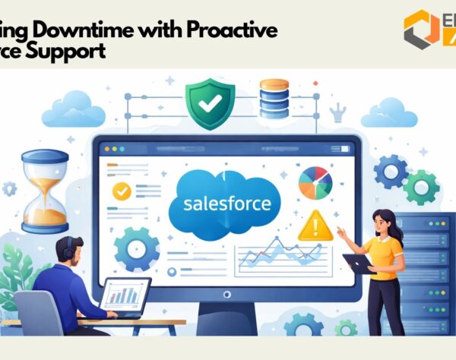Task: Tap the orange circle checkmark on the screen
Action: (120, 191)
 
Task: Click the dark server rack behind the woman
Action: (429, 273)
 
